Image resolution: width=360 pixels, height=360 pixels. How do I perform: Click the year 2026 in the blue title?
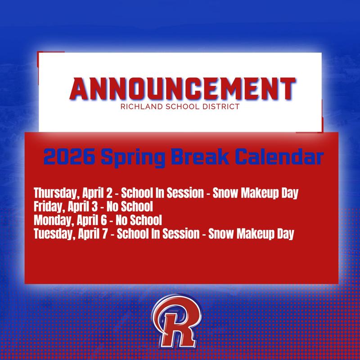click(65, 157)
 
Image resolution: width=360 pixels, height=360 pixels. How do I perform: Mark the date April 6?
click(86, 220)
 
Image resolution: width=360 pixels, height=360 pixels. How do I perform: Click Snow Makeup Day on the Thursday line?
click(256, 194)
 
